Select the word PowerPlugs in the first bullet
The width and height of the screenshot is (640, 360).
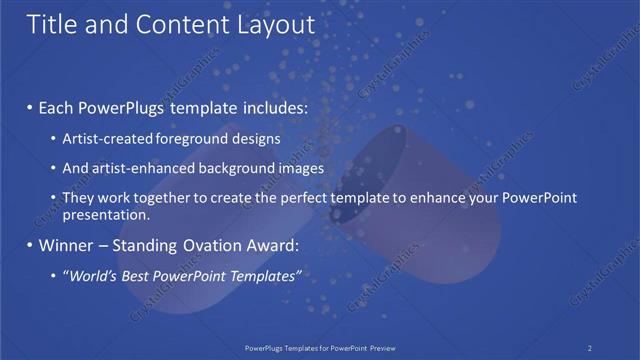pos(121,105)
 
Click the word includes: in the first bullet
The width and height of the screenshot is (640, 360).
pos(270,105)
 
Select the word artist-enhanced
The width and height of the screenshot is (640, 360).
pos(142,168)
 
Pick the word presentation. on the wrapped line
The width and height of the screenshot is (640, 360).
pos(106,214)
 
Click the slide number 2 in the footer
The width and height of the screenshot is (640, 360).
pos(590,348)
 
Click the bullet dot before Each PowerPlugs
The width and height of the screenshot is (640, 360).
pos(29,106)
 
